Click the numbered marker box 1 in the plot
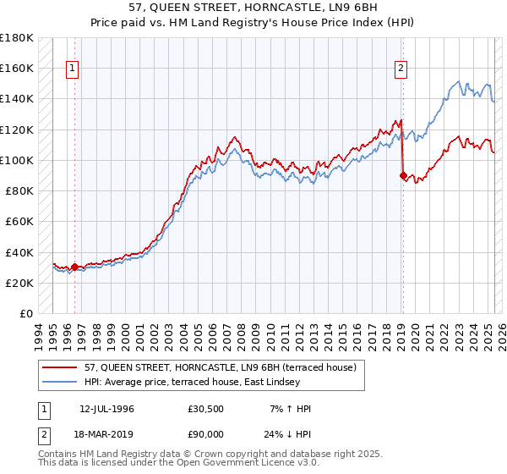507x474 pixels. pyautogui.click(x=74, y=69)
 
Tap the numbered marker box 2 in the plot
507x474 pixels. pyautogui.click(x=400, y=69)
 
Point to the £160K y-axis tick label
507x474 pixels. pyautogui.click(x=17, y=68)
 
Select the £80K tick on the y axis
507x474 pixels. pyautogui.click(x=19, y=190)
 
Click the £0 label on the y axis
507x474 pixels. pyautogui.click(x=27, y=313)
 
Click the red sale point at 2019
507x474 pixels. pyautogui.click(x=402, y=175)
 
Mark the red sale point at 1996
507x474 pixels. pyautogui.click(x=74, y=267)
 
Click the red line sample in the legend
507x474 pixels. pyautogui.click(x=60, y=367)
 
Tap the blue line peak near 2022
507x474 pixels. pyautogui.click(x=457, y=82)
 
